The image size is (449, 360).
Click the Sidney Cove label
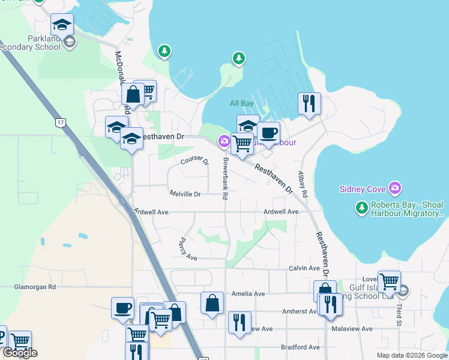point(362,189)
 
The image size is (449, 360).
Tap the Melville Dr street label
point(185,194)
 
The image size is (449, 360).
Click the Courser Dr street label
point(194,161)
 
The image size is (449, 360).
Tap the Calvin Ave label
point(304,268)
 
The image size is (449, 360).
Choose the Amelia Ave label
point(248,294)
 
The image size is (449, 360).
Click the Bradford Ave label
point(300,347)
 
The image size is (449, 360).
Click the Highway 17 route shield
point(60,122)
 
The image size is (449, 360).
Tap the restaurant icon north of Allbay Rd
point(309,103)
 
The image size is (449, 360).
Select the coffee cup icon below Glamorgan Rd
point(122,308)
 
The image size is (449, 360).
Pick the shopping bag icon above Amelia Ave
point(212,302)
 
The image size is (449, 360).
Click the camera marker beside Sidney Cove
point(394,188)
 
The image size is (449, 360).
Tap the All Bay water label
point(242,103)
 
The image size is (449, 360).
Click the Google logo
point(20,353)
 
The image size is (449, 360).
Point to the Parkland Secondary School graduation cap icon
point(62,25)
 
